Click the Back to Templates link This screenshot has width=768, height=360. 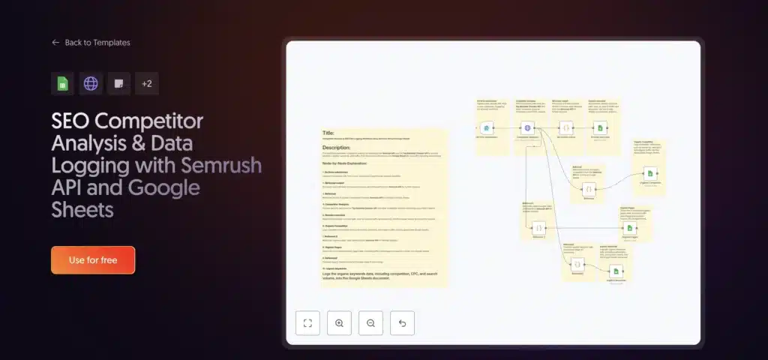[x=97, y=43]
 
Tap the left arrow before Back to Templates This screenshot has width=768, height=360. [x=55, y=43]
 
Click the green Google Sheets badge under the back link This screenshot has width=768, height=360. [x=62, y=83]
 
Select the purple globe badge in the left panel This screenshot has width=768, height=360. [x=91, y=83]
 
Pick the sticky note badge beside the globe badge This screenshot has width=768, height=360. [x=118, y=83]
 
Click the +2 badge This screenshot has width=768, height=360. [x=146, y=83]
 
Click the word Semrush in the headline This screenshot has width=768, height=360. [x=226, y=164]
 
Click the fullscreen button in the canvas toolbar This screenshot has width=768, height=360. [x=307, y=323]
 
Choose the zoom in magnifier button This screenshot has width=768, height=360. [x=339, y=323]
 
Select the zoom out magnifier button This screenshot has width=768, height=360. [x=370, y=323]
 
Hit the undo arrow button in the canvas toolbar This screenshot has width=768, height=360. [x=402, y=323]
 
